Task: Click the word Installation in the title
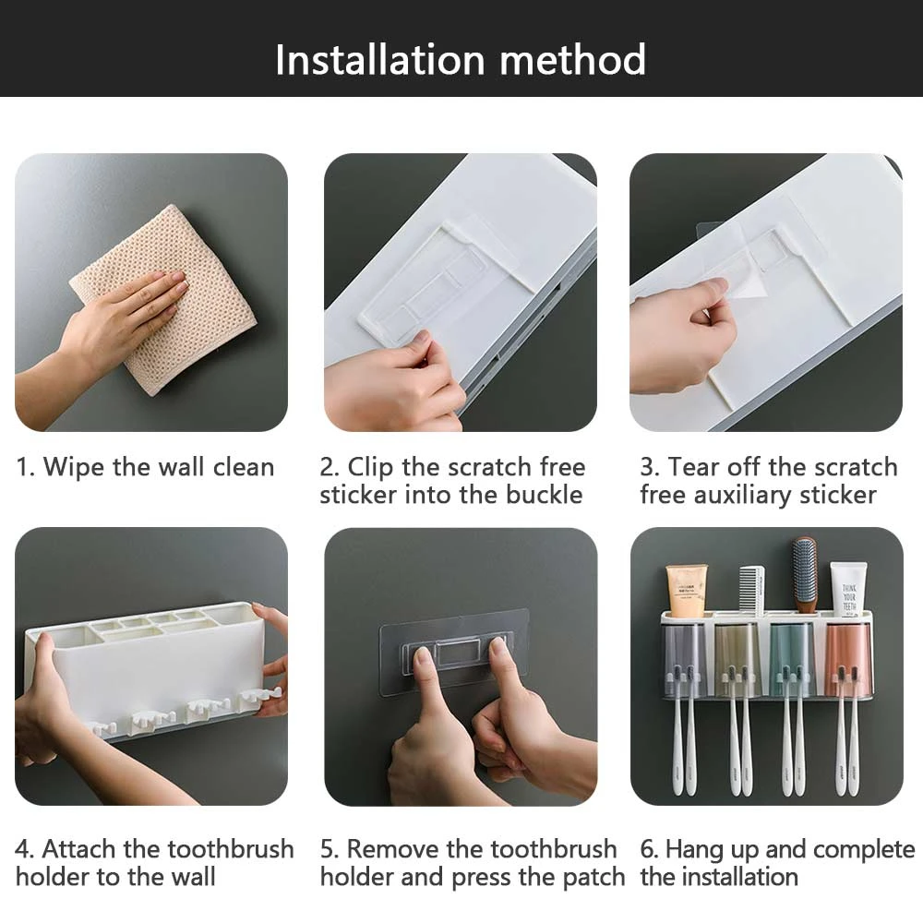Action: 379,59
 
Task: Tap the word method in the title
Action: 573,59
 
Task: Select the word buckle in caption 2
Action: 544,495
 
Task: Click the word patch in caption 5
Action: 593,877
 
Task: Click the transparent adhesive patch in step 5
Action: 454,651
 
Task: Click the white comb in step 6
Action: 751,591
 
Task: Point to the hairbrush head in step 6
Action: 804,567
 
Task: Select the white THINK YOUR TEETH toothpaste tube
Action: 848,589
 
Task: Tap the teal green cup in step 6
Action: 792,657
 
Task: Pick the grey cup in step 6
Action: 685,659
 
